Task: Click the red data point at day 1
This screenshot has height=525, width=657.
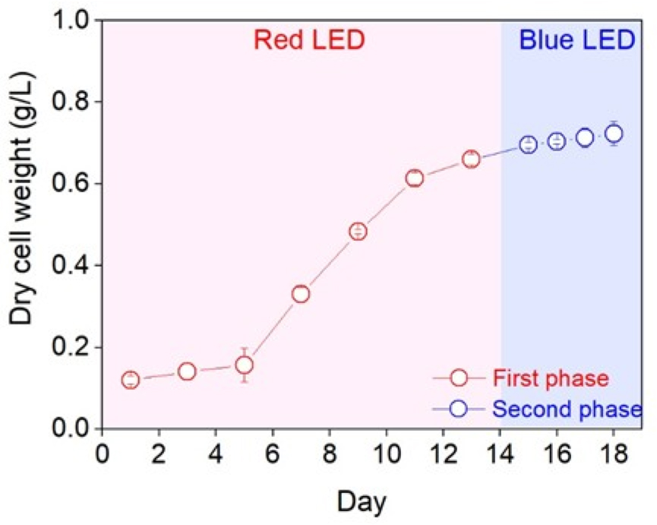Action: click(x=131, y=380)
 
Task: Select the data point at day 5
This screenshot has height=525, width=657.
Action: click(x=245, y=365)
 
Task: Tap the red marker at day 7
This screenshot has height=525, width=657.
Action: click(x=301, y=294)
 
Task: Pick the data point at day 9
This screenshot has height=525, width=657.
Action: click(x=358, y=232)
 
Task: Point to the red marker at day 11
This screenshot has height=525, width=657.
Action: click(x=414, y=179)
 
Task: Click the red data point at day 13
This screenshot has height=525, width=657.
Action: click(x=471, y=160)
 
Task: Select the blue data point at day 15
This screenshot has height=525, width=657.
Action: click(x=528, y=145)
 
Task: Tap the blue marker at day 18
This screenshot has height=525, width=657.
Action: click(x=614, y=134)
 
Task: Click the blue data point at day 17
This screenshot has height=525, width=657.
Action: click(x=585, y=138)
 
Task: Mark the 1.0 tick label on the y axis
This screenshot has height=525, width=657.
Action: click(x=74, y=21)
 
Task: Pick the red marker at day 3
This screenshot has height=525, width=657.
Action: click(x=188, y=372)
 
